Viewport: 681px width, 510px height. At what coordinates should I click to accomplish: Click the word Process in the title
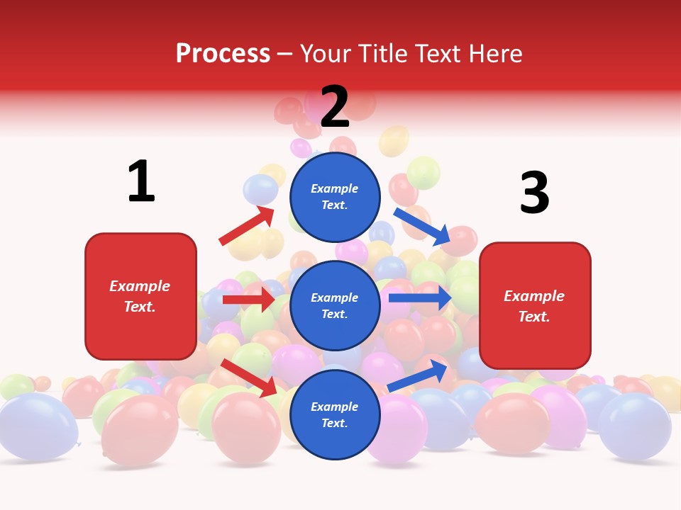[x=223, y=53]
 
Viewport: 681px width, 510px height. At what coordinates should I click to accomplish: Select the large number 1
[x=141, y=181]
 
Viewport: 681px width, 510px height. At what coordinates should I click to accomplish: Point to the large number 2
[x=335, y=107]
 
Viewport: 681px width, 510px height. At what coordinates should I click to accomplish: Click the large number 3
[x=534, y=193]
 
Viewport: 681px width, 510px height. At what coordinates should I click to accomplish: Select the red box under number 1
[x=140, y=296]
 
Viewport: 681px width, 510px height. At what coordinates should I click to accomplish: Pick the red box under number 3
[x=535, y=305]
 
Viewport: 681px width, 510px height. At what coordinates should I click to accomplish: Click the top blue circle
[x=335, y=197]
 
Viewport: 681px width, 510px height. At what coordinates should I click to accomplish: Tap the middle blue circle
[x=335, y=305]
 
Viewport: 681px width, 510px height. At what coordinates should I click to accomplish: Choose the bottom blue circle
[x=335, y=414]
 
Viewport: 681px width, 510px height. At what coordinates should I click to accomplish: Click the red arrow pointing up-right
[x=247, y=226]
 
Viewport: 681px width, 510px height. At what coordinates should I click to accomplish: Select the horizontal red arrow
[x=248, y=300]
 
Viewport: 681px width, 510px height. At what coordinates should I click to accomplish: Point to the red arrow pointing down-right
[x=249, y=378]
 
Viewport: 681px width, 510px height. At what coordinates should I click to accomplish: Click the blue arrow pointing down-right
[x=422, y=227]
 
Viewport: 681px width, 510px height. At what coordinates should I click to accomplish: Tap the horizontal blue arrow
[x=420, y=298]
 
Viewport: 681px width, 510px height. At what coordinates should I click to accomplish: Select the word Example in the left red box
[x=140, y=286]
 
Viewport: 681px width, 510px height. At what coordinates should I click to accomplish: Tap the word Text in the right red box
[x=533, y=317]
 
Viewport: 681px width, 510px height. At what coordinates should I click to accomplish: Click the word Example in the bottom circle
[x=335, y=407]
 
